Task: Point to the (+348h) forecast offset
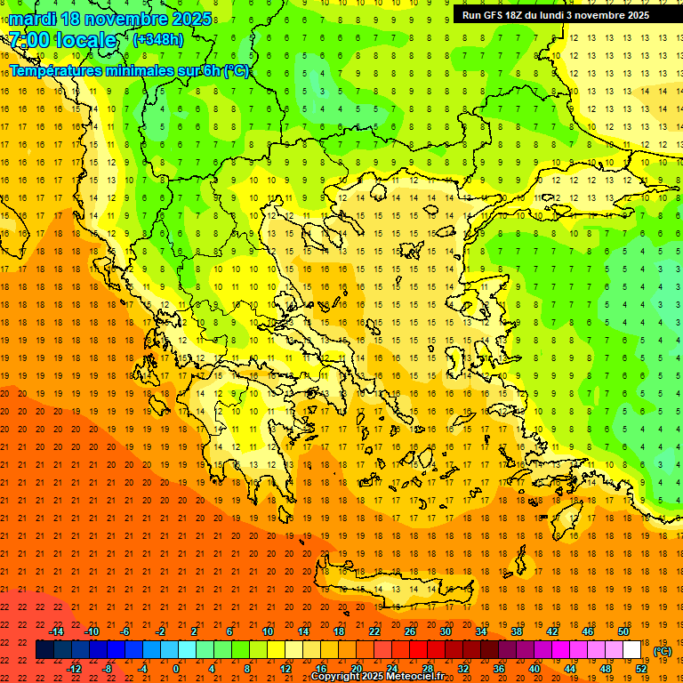pyautogui.click(x=158, y=39)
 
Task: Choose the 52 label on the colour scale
pyautogui.click(x=641, y=669)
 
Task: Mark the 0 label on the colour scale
pyautogui.click(x=176, y=669)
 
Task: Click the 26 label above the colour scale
pyautogui.click(x=410, y=631)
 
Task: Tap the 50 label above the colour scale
pyautogui.click(x=623, y=631)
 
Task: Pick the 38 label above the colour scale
pyautogui.click(x=517, y=631)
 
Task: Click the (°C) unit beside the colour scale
pyautogui.click(x=663, y=651)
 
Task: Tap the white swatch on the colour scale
pyautogui.click(x=632, y=650)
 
